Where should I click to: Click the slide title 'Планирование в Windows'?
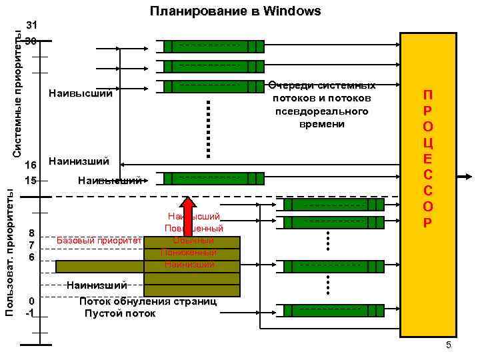tap(235, 11)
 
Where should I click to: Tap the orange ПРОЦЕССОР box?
tap(428, 185)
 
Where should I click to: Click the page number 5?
tap(449, 345)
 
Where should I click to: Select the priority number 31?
tap(31, 25)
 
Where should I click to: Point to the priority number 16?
tap(29, 165)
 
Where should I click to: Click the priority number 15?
tap(29, 180)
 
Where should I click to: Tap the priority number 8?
tap(31, 233)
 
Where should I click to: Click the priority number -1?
tap(29, 313)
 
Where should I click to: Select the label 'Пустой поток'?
tap(120, 313)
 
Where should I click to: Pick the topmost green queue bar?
tap(214, 46)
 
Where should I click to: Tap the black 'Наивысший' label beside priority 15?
tap(109, 180)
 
